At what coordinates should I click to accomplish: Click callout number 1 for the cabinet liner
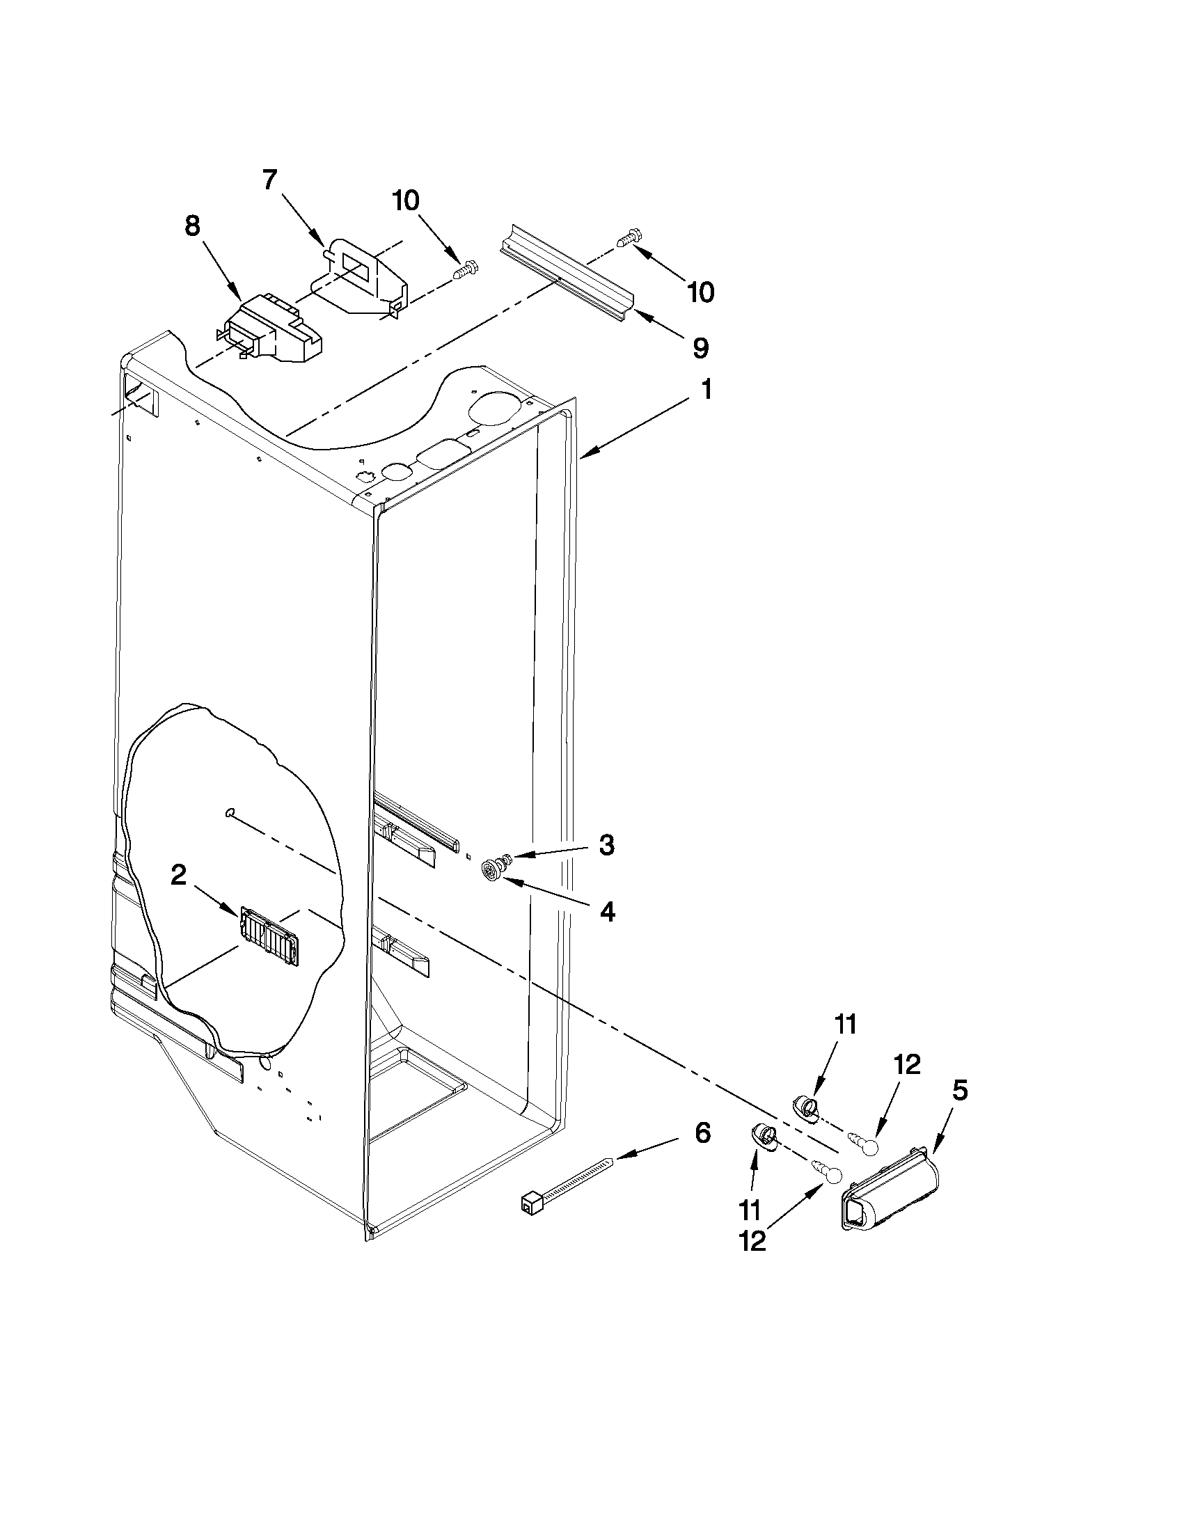pyautogui.click(x=706, y=390)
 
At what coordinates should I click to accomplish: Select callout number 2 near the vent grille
pyautogui.click(x=179, y=876)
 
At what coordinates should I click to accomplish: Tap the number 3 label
pyautogui.click(x=606, y=845)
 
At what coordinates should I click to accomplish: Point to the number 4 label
pyautogui.click(x=608, y=912)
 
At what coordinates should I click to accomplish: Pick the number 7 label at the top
pyautogui.click(x=270, y=181)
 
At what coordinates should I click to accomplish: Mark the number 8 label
pyautogui.click(x=192, y=227)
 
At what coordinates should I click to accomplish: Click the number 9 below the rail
pyautogui.click(x=700, y=347)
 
